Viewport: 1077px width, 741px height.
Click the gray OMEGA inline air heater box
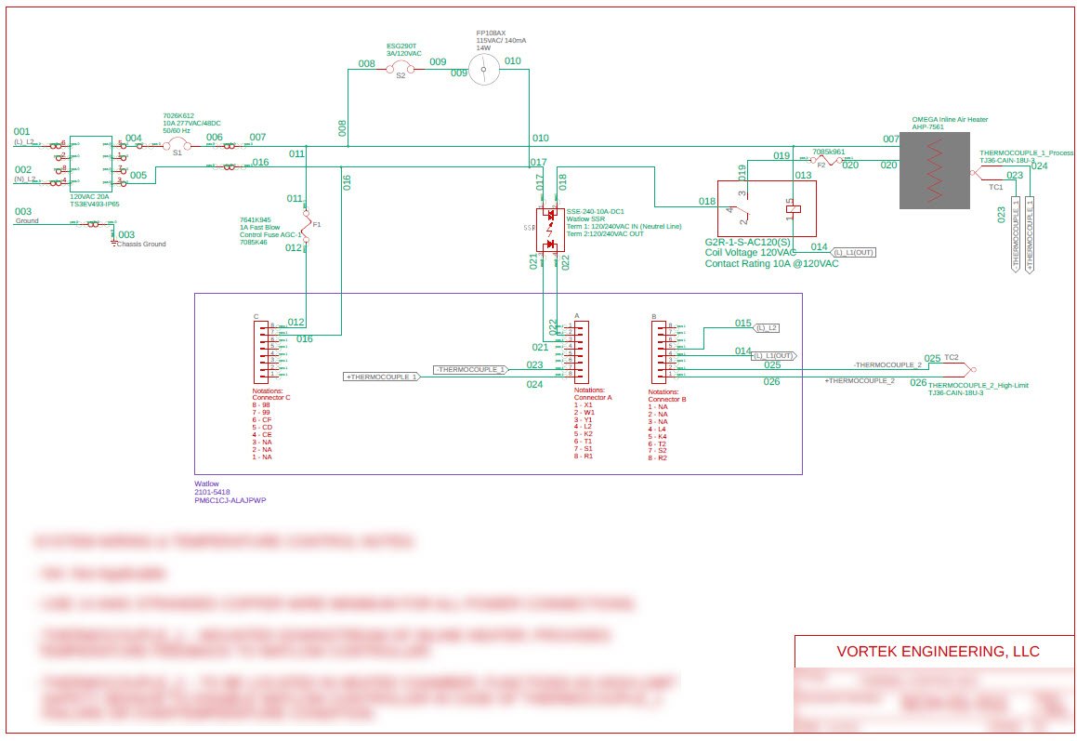point(936,170)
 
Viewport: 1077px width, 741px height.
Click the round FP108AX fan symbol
point(483,69)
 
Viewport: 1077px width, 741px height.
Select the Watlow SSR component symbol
point(551,229)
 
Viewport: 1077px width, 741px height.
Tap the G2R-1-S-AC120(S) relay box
point(767,207)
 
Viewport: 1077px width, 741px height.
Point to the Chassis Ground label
point(141,244)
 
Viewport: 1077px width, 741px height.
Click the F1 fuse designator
point(318,224)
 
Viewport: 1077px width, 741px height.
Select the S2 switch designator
point(401,76)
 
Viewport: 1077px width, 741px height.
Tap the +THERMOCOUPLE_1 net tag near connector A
point(382,377)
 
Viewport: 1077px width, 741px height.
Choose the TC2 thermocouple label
point(951,357)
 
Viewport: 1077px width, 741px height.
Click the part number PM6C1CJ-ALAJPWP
point(230,500)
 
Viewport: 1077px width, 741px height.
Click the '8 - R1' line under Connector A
point(584,456)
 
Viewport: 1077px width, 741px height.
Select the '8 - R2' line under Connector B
point(657,457)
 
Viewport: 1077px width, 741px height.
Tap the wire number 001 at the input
point(21,131)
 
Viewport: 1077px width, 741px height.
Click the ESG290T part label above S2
point(401,45)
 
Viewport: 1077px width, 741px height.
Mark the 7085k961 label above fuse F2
point(828,152)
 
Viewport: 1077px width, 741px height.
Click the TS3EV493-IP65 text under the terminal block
point(95,204)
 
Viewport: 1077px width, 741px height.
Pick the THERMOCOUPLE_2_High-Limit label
point(978,385)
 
